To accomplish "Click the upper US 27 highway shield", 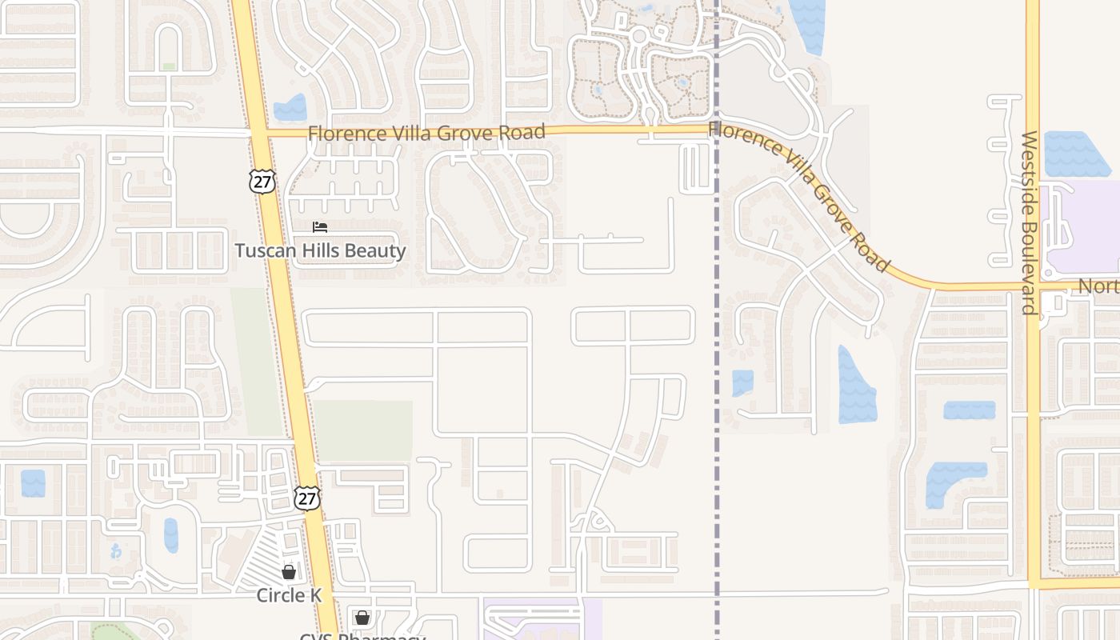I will click(262, 181).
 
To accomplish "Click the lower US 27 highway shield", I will click(306, 498).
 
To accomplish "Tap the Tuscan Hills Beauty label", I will click(320, 250).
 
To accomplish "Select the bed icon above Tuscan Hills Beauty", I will click(320, 227).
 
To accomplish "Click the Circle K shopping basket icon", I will click(289, 572).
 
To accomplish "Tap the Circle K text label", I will click(289, 595).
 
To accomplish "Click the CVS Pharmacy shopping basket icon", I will click(362, 618).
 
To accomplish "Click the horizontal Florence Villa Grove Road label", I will click(426, 132).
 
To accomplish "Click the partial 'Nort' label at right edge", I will click(1098, 286).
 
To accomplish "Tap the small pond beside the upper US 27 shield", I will click(290, 109).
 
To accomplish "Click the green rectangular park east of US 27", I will click(363, 430).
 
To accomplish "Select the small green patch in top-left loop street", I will click(169, 66).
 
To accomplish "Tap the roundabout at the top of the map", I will click(638, 35).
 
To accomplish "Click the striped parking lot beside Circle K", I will click(264, 560).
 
